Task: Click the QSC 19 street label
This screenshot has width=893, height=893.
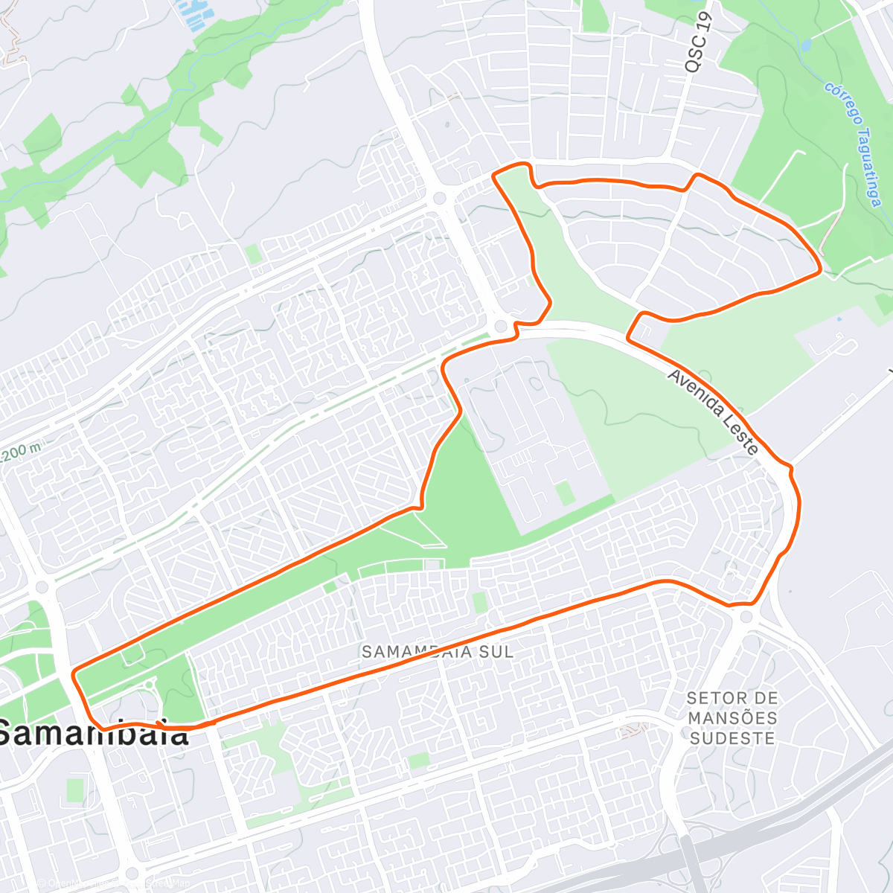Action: pyautogui.click(x=700, y=43)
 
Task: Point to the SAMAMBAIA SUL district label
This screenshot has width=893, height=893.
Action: pyautogui.click(x=438, y=652)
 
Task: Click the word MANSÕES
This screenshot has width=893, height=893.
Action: pyautogui.click(x=732, y=718)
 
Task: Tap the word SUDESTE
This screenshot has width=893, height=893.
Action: pyautogui.click(x=732, y=738)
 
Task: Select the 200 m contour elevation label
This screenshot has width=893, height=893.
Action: pyautogui.click(x=21, y=452)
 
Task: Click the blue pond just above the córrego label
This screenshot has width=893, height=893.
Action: pyautogui.click(x=806, y=45)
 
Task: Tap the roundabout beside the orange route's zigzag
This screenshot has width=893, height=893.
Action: pyautogui.click(x=501, y=326)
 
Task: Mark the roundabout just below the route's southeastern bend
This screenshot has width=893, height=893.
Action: pyautogui.click(x=746, y=616)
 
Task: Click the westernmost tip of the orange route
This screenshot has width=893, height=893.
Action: pyautogui.click(x=73, y=674)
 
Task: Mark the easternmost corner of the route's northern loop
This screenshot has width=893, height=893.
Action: pyautogui.click(x=820, y=271)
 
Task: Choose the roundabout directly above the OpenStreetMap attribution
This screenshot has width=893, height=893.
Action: pyautogui.click(x=132, y=872)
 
